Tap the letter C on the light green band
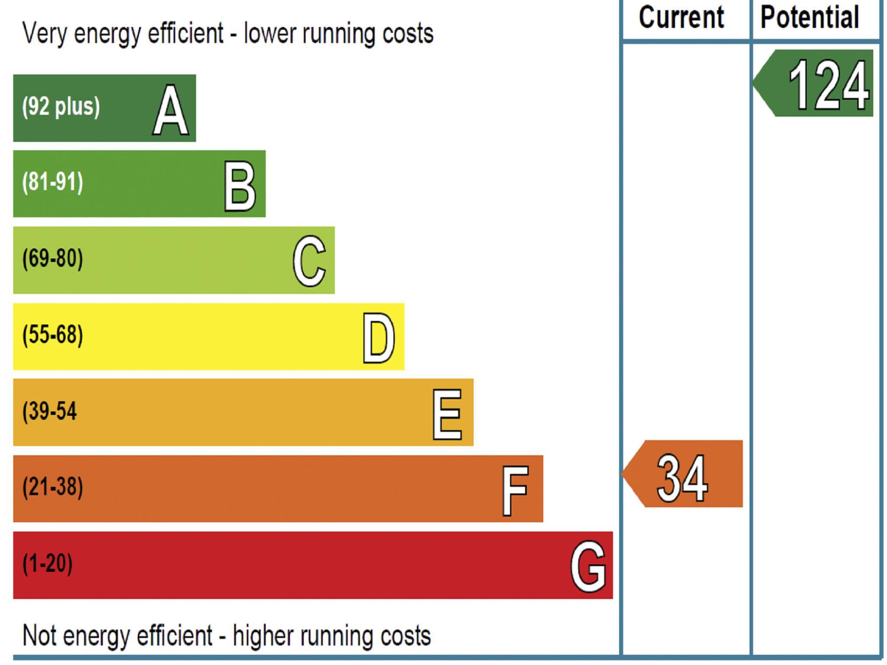(x=309, y=261)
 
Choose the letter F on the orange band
(x=515, y=491)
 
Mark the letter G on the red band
(x=588, y=567)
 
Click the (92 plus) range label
(x=61, y=107)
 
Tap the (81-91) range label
(x=52, y=182)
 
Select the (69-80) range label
(x=52, y=258)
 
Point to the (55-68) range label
(x=52, y=335)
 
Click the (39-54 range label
(x=49, y=411)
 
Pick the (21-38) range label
(x=52, y=487)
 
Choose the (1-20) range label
(x=47, y=563)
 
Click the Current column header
(x=681, y=17)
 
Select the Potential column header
(x=809, y=17)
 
